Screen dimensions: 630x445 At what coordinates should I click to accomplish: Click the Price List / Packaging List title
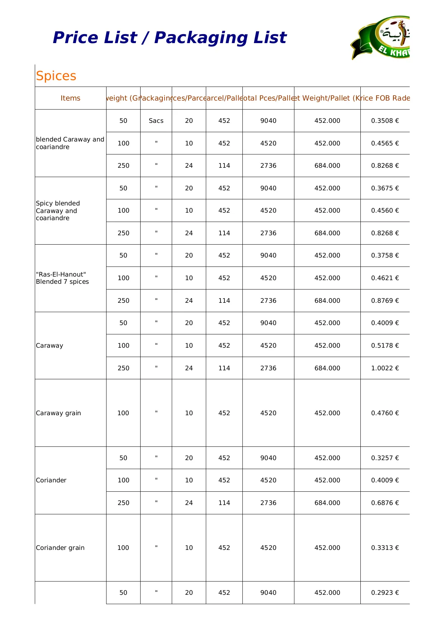point(170,38)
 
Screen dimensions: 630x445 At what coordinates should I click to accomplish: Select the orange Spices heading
point(56,76)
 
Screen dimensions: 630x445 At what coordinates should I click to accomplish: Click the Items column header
point(70,98)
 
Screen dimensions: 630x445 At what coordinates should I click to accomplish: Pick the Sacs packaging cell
point(156,121)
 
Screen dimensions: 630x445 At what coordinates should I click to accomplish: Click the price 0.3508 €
point(385,121)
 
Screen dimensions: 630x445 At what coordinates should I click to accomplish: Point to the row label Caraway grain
point(58,413)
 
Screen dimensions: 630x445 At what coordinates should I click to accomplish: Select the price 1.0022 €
point(385,368)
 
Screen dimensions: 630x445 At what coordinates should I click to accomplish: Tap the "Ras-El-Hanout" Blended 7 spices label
point(62,278)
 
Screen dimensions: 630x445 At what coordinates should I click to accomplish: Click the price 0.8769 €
point(385,301)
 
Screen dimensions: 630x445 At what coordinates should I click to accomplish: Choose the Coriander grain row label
point(60,548)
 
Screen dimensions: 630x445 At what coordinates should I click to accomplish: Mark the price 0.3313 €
point(385,548)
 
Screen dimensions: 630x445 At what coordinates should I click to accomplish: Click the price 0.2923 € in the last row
point(385,593)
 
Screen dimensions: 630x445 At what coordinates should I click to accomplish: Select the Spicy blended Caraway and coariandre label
point(58,210)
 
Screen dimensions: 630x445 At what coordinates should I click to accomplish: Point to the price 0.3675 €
point(385,188)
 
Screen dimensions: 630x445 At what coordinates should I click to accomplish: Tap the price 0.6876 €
point(385,503)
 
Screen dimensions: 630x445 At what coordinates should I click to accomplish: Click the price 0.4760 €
point(385,413)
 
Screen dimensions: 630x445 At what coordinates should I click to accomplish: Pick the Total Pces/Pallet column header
point(268,98)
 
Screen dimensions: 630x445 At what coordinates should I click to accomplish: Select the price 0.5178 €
point(385,346)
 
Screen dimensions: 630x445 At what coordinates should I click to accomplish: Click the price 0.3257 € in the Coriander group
point(385,458)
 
